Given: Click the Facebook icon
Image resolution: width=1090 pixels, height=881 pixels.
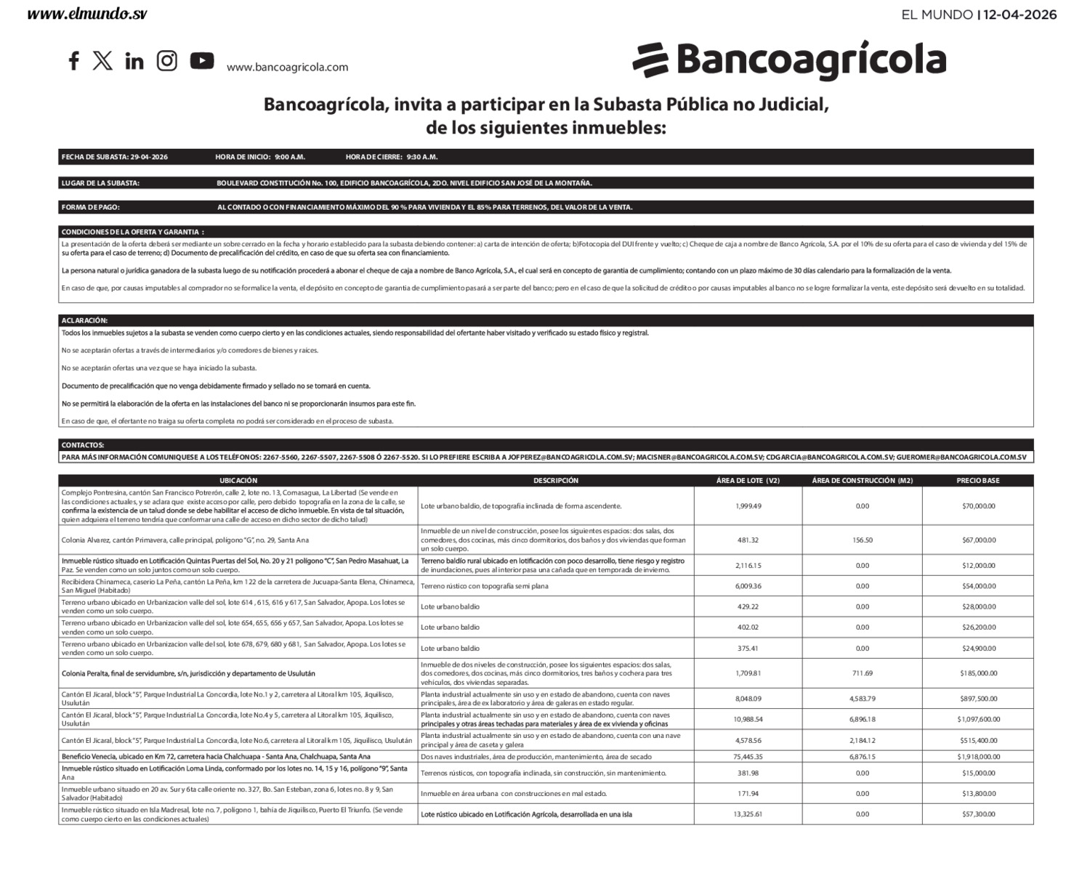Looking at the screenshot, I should coord(73,61).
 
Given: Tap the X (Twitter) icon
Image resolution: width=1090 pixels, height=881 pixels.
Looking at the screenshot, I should coord(102,61).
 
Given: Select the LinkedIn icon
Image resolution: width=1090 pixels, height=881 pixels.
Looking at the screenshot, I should coord(134,61).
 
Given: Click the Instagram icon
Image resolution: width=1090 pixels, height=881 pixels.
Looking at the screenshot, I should coord(167,61).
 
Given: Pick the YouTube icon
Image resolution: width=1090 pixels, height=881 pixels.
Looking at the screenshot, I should coord(202,61).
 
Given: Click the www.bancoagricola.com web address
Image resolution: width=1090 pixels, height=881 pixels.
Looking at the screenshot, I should coord(287,68).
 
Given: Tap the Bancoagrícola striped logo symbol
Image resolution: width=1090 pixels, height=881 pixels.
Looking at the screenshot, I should coord(650,60).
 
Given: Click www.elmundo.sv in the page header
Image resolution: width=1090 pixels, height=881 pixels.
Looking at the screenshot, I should coord(87,15).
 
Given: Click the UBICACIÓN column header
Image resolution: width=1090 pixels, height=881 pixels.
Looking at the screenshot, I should coord(238,481).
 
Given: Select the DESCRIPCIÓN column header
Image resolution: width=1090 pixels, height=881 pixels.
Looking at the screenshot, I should coord(556,481).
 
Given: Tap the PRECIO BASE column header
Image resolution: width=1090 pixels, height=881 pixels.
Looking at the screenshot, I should coord(977,481).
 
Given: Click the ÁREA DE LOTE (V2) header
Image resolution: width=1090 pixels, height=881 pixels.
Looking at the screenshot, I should coord(748,481).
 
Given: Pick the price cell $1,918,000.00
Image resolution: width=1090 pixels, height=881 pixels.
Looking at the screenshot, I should coord(978,756).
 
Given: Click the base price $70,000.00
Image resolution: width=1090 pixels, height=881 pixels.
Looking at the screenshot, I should coord(978,506).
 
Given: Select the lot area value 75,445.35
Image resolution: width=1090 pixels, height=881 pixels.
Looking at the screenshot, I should coord(748,756).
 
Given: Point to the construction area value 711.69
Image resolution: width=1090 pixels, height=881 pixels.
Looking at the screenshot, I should coord(862,673).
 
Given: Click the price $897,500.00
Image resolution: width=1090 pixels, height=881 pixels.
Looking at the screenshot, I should coord(978,699).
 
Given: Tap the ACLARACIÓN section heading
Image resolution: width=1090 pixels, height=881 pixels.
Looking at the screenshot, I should coord(84,320).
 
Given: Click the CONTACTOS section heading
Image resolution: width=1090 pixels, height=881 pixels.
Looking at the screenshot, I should coord(83,445).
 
